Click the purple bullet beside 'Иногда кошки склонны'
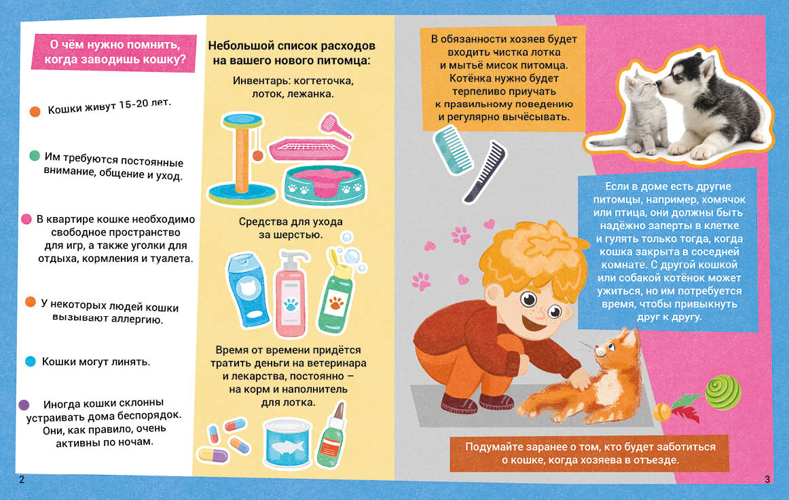(24, 404)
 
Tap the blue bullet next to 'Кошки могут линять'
(30, 362)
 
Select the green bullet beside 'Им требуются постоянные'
(34, 156)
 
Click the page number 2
(21, 480)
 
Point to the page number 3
(767, 480)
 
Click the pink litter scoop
(335, 126)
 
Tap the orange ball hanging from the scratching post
(257, 156)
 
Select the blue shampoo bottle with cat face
(248, 290)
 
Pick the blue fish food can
(287, 443)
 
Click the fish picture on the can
(287, 447)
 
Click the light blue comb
(453, 150)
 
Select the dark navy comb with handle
(485, 172)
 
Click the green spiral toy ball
(722, 392)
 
